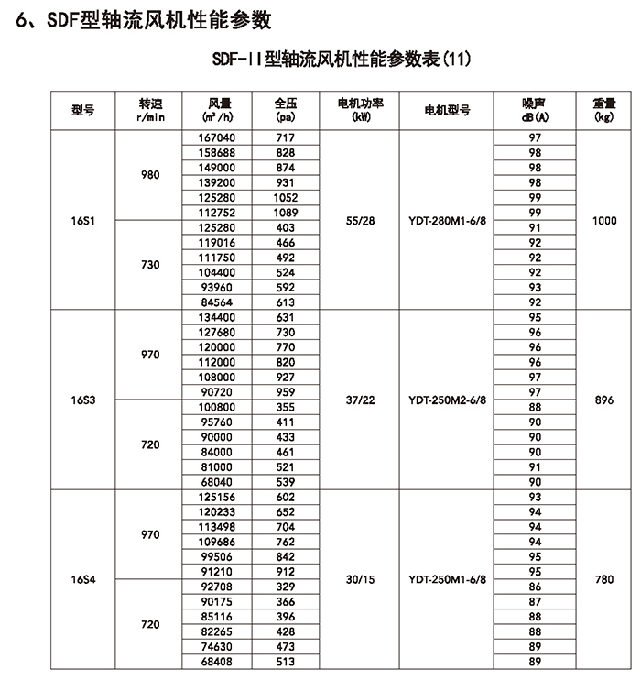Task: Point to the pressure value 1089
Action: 285,212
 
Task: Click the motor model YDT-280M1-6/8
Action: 448,221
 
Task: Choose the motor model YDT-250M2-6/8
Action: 448,400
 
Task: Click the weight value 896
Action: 603,400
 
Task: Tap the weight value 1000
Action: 603,221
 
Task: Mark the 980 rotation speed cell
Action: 150,175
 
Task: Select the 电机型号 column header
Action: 448,110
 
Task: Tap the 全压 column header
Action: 285,109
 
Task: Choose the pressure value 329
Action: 285,587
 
